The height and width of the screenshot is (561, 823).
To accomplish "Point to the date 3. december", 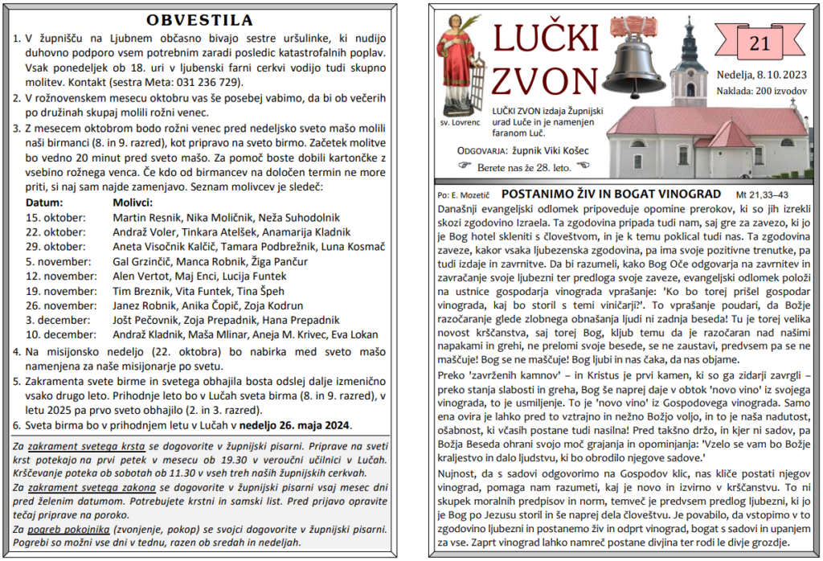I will [54, 320].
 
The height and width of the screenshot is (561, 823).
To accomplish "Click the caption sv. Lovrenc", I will [461, 123].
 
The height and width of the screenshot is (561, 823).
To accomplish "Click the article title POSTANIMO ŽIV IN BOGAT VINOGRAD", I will [611, 195].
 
